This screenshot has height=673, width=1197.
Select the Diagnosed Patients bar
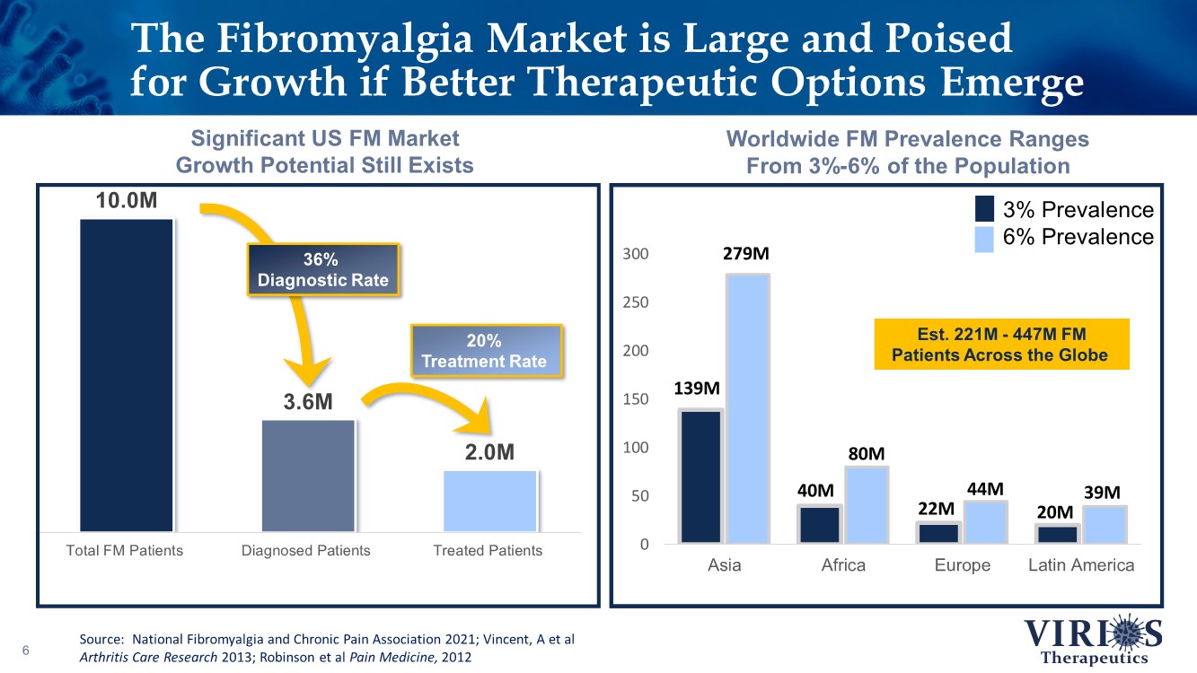308,476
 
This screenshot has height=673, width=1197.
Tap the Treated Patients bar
489,501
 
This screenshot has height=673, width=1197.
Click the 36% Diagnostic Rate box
323,269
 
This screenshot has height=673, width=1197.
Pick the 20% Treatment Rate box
485,351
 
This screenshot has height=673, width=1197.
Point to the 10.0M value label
126,199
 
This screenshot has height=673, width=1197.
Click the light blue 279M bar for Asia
747,408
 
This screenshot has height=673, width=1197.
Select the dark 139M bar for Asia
700,476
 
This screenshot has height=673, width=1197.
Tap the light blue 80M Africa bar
866,504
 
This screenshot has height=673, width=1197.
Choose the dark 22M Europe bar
937,533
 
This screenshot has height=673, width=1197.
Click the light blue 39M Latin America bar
1103,525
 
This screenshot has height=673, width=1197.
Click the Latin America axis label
1081,565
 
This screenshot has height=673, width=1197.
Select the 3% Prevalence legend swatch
984,210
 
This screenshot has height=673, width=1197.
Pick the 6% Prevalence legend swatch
984,238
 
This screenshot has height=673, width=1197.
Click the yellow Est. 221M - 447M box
999,345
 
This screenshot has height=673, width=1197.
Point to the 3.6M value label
308,402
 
